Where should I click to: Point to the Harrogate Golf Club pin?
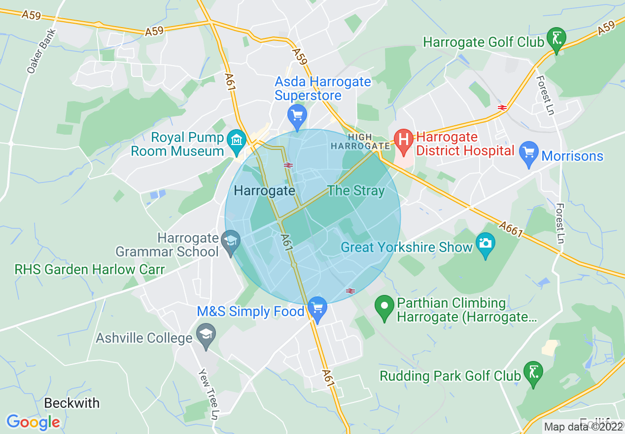click(x=556, y=39)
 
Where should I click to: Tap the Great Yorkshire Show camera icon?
click(x=485, y=243)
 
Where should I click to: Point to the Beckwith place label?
click(x=72, y=403)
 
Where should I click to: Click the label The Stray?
click(x=356, y=191)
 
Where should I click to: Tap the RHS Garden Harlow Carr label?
click(x=89, y=270)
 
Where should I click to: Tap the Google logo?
click(x=33, y=422)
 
